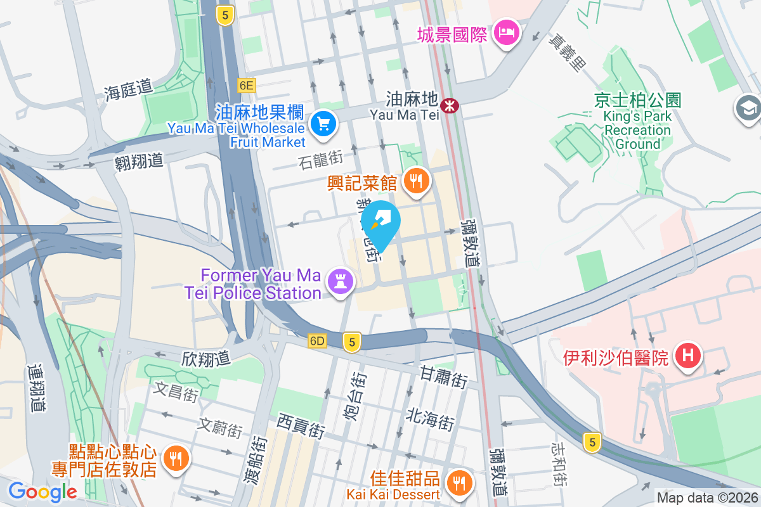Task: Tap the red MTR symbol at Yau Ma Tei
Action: [x=450, y=105]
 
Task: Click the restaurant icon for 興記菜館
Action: [x=416, y=183]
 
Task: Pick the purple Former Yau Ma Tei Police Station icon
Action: [x=339, y=283]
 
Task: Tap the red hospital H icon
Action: [x=689, y=356]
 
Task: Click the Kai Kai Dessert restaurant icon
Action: [x=458, y=483]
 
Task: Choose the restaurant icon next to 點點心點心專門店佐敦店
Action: [x=174, y=460]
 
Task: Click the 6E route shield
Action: [x=247, y=85]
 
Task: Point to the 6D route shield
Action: [x=317, y=341]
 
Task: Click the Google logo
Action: [x=42, y=491]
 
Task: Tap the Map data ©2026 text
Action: [x=707, y=498]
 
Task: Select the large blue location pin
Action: [x=380, y=224]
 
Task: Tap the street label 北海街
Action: [x=431, y=418]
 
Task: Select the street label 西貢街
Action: [x=301, y=426]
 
